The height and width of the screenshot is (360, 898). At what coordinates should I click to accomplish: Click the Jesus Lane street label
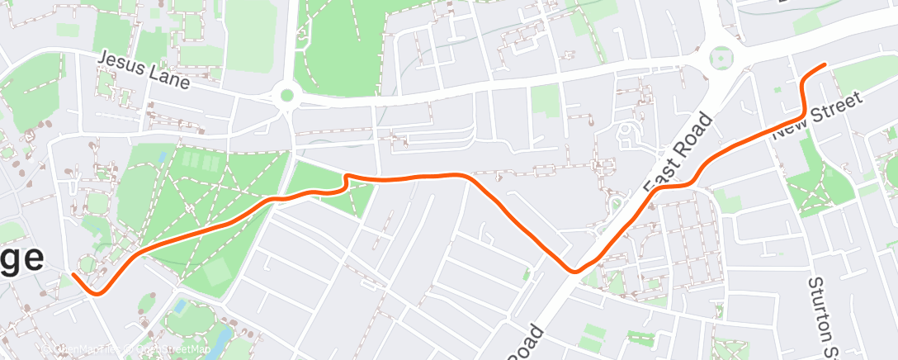click(144, 71)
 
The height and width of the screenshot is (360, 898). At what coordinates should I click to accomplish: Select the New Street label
click(818, 115)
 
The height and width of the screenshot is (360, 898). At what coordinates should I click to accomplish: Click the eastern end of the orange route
click(824, 64)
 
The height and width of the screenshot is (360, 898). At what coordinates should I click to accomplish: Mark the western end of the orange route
click(73, 274)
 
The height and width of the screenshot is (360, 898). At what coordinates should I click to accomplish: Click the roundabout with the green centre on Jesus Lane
click(287, 95)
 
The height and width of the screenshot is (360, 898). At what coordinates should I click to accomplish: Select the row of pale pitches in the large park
click(200, 160)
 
